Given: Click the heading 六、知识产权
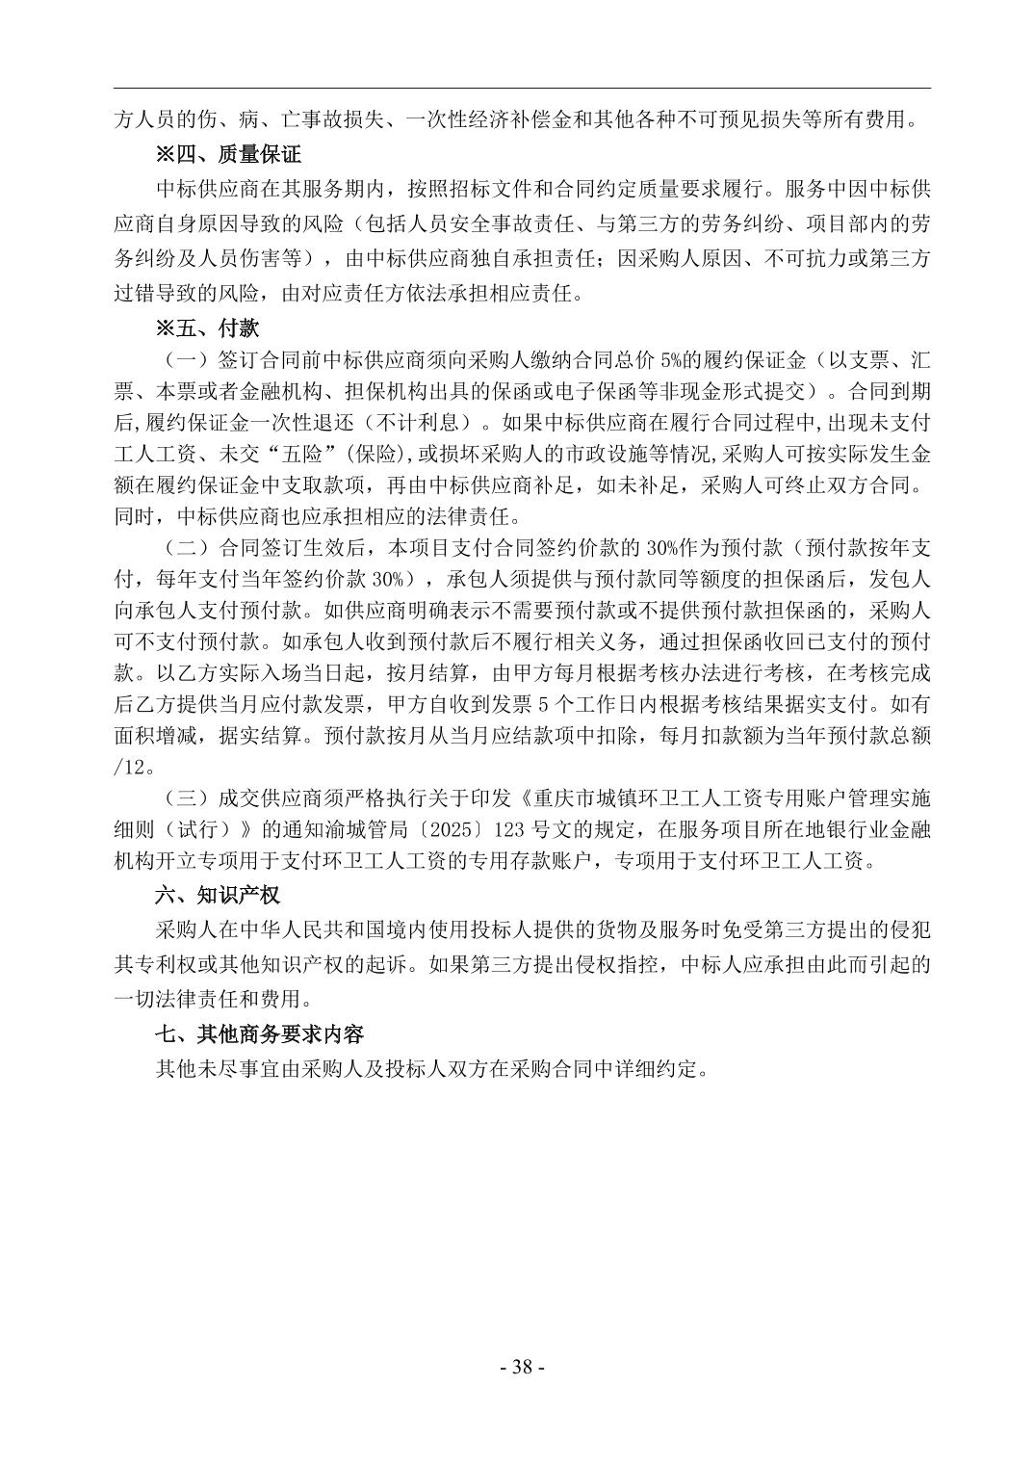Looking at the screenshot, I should tap(218, 895).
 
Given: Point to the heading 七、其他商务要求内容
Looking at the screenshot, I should tap(260, 1033).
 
